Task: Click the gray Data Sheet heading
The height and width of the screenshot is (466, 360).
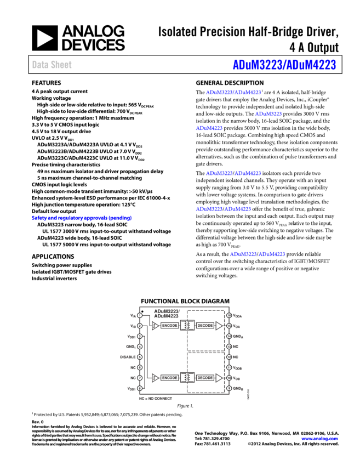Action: point(52,65)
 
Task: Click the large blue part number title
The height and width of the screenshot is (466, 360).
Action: point(284,65)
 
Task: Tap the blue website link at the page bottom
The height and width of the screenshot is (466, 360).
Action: point(319,439)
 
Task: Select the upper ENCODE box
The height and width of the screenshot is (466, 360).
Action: point(170,326)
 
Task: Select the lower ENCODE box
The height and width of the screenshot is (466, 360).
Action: point(170,378)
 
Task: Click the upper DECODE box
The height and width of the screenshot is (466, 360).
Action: point(205,326)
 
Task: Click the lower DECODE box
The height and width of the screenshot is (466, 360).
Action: point(205,378)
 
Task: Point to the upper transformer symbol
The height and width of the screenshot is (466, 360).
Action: point(187,326)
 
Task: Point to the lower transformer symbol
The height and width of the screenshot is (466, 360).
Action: point(187,378)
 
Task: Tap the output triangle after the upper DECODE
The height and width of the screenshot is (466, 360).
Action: point(219,326)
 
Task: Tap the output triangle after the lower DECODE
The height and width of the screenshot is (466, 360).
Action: point(219,378)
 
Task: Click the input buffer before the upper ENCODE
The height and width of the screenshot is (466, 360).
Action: point(155,326)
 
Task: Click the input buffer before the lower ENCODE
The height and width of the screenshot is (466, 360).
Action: point(155,378)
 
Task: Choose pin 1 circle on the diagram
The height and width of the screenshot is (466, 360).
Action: point(140,315)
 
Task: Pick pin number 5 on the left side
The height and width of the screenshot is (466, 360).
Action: point(140,357)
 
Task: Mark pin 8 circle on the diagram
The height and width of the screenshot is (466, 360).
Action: point(140,388)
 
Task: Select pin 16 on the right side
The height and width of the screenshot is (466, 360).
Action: point(229,315)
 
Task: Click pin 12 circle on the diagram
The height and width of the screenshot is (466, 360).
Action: point(229,357)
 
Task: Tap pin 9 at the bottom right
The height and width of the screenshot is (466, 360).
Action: point(229,388)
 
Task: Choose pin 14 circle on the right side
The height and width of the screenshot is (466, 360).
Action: point(229,336)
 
